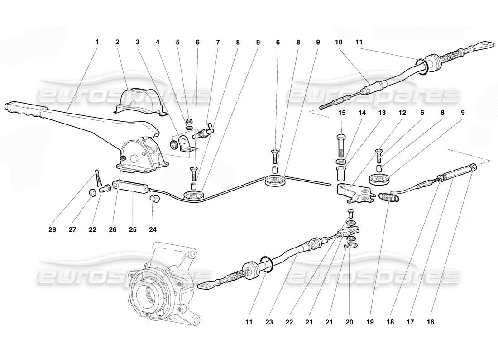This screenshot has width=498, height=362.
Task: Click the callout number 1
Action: click(96, 42)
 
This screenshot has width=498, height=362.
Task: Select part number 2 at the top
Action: click(117, 42)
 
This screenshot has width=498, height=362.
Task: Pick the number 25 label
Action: click(132, 229)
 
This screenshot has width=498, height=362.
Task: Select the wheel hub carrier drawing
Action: click(161, 283)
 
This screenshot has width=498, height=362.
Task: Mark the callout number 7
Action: click(217, 42)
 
